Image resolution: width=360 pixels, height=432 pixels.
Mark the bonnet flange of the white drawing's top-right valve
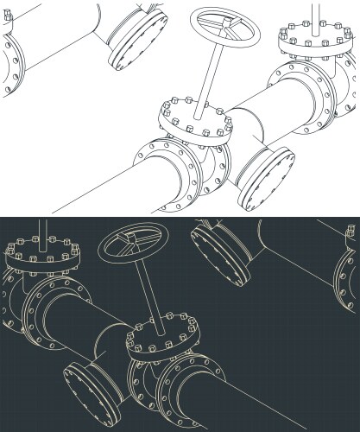(x=312, y=42)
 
